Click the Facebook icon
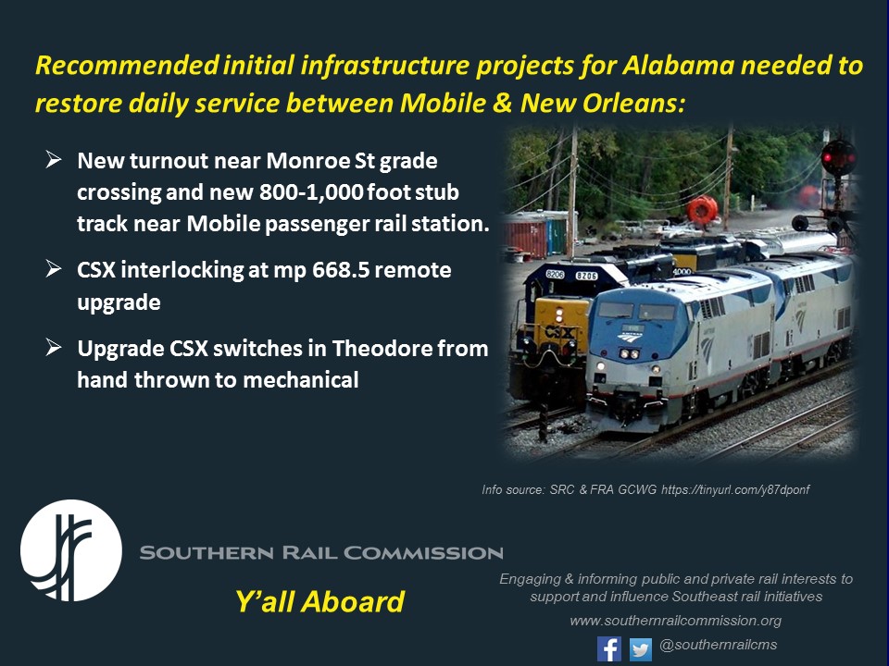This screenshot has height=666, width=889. point(609,648)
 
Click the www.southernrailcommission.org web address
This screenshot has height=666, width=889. point(676,621)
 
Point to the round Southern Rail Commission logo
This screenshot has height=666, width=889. point(71,551)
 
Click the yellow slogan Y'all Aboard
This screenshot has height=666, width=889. point(319,602)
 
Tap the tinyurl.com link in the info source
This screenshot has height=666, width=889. point(735,489)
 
